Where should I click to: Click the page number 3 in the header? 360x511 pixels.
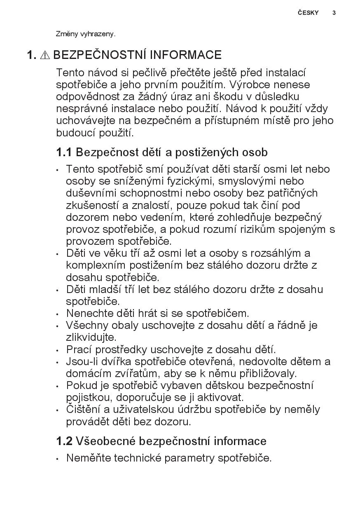(334, 13)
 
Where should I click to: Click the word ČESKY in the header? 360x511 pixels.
(308, 13)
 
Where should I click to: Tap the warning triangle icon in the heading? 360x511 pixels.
(45, 55)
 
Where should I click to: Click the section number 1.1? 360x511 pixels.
(64, 152)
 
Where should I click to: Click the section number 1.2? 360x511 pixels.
(64, 441)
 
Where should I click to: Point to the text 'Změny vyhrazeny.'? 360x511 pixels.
(86, 34)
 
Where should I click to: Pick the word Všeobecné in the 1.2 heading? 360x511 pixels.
(106, 441)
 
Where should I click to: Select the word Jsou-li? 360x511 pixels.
(82, 362)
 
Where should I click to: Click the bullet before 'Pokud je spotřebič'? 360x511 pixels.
(58, 387)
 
